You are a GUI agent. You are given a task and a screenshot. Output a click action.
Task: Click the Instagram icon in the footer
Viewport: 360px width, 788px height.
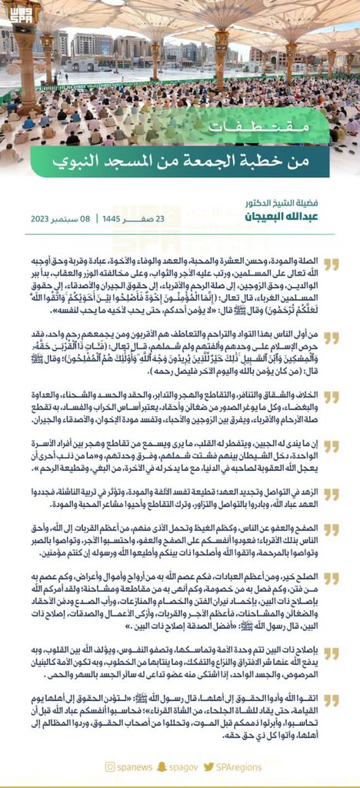pyautogui.click(x=111, y=766)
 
